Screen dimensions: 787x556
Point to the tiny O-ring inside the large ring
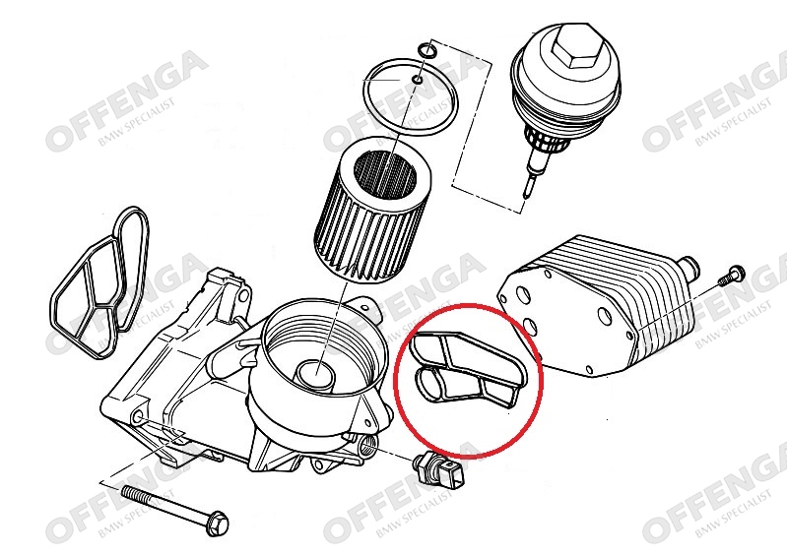[x=418, y=79]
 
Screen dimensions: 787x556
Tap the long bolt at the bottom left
[x=175, y=508]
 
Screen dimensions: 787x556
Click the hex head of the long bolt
[x=218, y=523]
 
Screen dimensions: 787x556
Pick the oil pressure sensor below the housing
[x=441, y=468]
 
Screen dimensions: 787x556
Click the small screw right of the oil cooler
[x=731, y=276]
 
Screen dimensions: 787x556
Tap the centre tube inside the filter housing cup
[x=315, y=374]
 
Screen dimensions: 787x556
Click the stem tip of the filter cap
[x=526, y=193]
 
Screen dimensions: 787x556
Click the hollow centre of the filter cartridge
[x=386, y=175]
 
